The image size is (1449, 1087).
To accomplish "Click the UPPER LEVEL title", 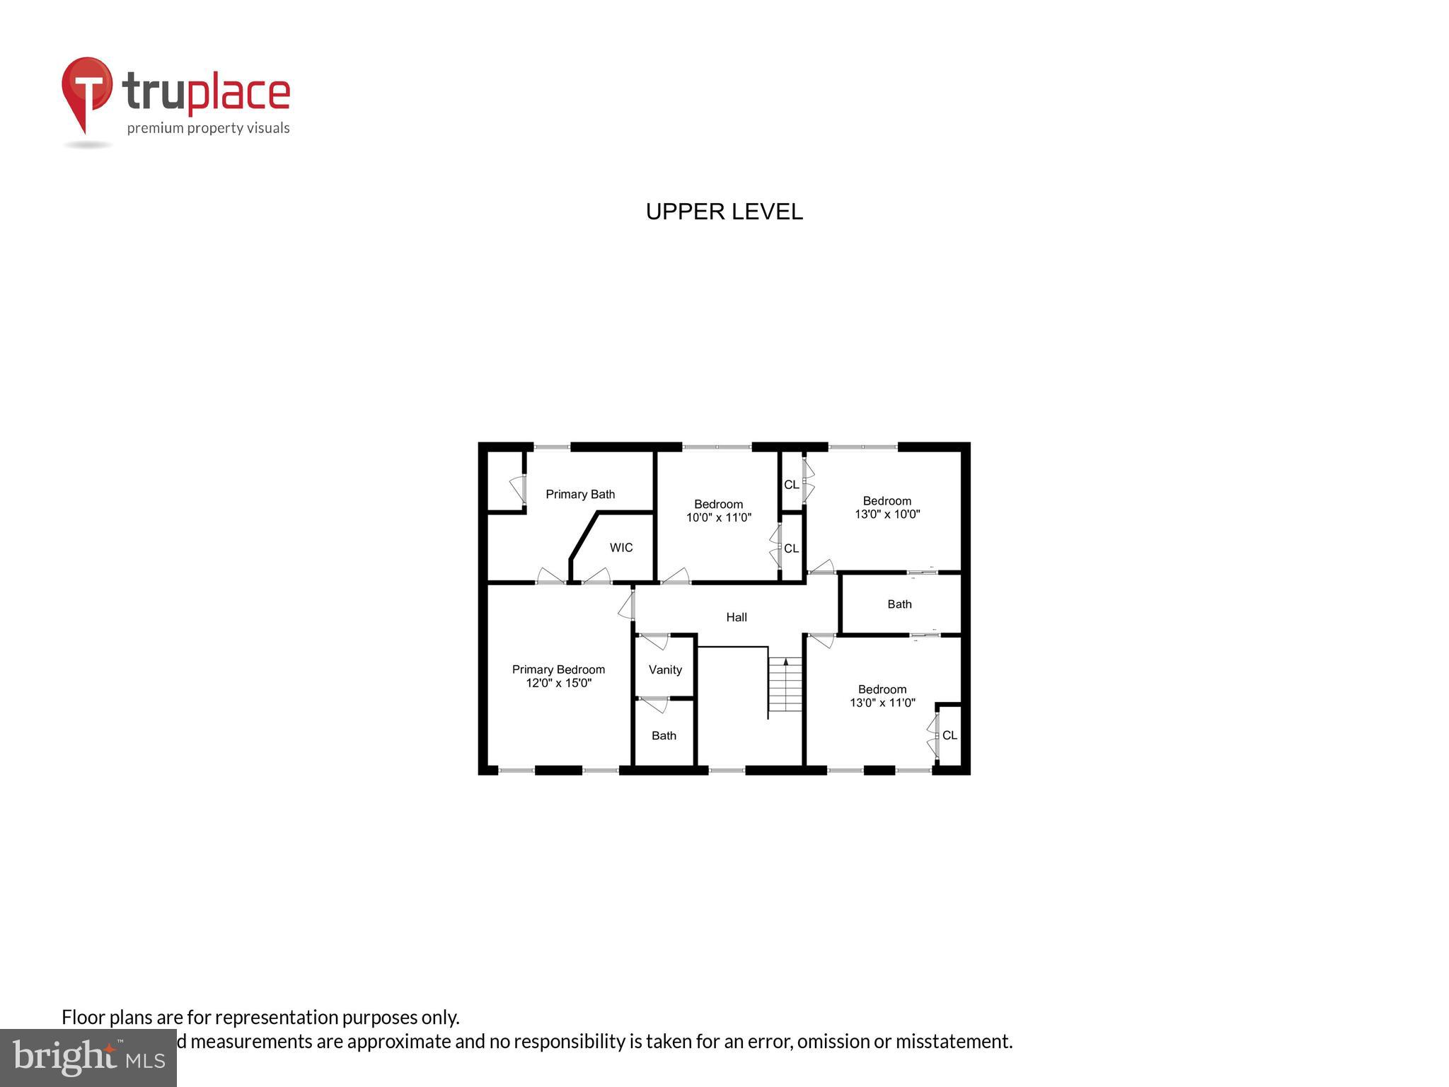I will coord(724,212).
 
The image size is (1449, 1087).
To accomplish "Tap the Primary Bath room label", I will coord(580,494).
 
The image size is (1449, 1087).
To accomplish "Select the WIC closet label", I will coord(621,548).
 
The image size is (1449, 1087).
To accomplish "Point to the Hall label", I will coord(737,617).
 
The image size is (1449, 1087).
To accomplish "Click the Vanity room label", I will coord(665,669).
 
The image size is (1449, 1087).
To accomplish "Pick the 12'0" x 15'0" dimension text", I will coord(558,683).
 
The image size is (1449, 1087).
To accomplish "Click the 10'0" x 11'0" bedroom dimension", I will coord(718,517).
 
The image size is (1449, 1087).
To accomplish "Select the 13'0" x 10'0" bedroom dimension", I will coord(887,514).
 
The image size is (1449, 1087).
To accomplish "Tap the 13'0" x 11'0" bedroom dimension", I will coord(882,703).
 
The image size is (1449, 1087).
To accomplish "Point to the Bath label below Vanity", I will coord(664,735).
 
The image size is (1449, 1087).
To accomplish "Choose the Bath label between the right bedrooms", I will coord(899,604).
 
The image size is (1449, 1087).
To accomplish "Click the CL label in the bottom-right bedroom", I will coord(949,735).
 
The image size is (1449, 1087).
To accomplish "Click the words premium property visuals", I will coord(208,128).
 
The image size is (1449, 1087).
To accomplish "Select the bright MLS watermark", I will coord(88,1057).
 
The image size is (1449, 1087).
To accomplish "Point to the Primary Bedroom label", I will coord(558,669).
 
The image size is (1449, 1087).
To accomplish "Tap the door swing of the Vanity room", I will coord(654,642).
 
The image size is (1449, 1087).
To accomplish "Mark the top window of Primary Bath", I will coord(552,447).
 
